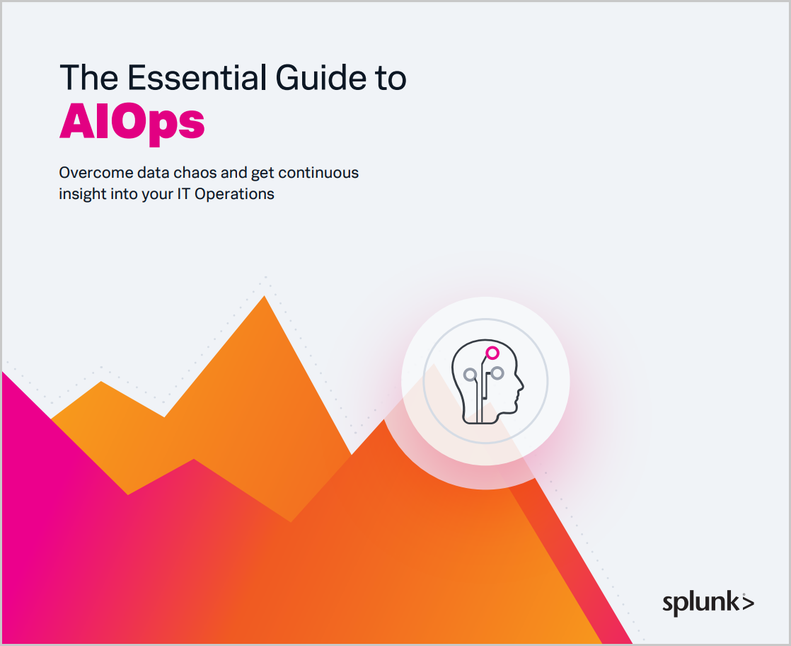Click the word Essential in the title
(196, 78)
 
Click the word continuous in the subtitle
(318, 173)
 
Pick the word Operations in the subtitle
(235, 195)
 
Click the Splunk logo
(708, 603)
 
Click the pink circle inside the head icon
(492, 353)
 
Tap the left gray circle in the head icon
(470, 374)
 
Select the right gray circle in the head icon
(497, 373)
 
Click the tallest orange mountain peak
(265, 296)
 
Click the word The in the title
(88, 78)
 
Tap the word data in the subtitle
(154, 173)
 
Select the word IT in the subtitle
(183, 194)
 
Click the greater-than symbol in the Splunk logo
(749, 603)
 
